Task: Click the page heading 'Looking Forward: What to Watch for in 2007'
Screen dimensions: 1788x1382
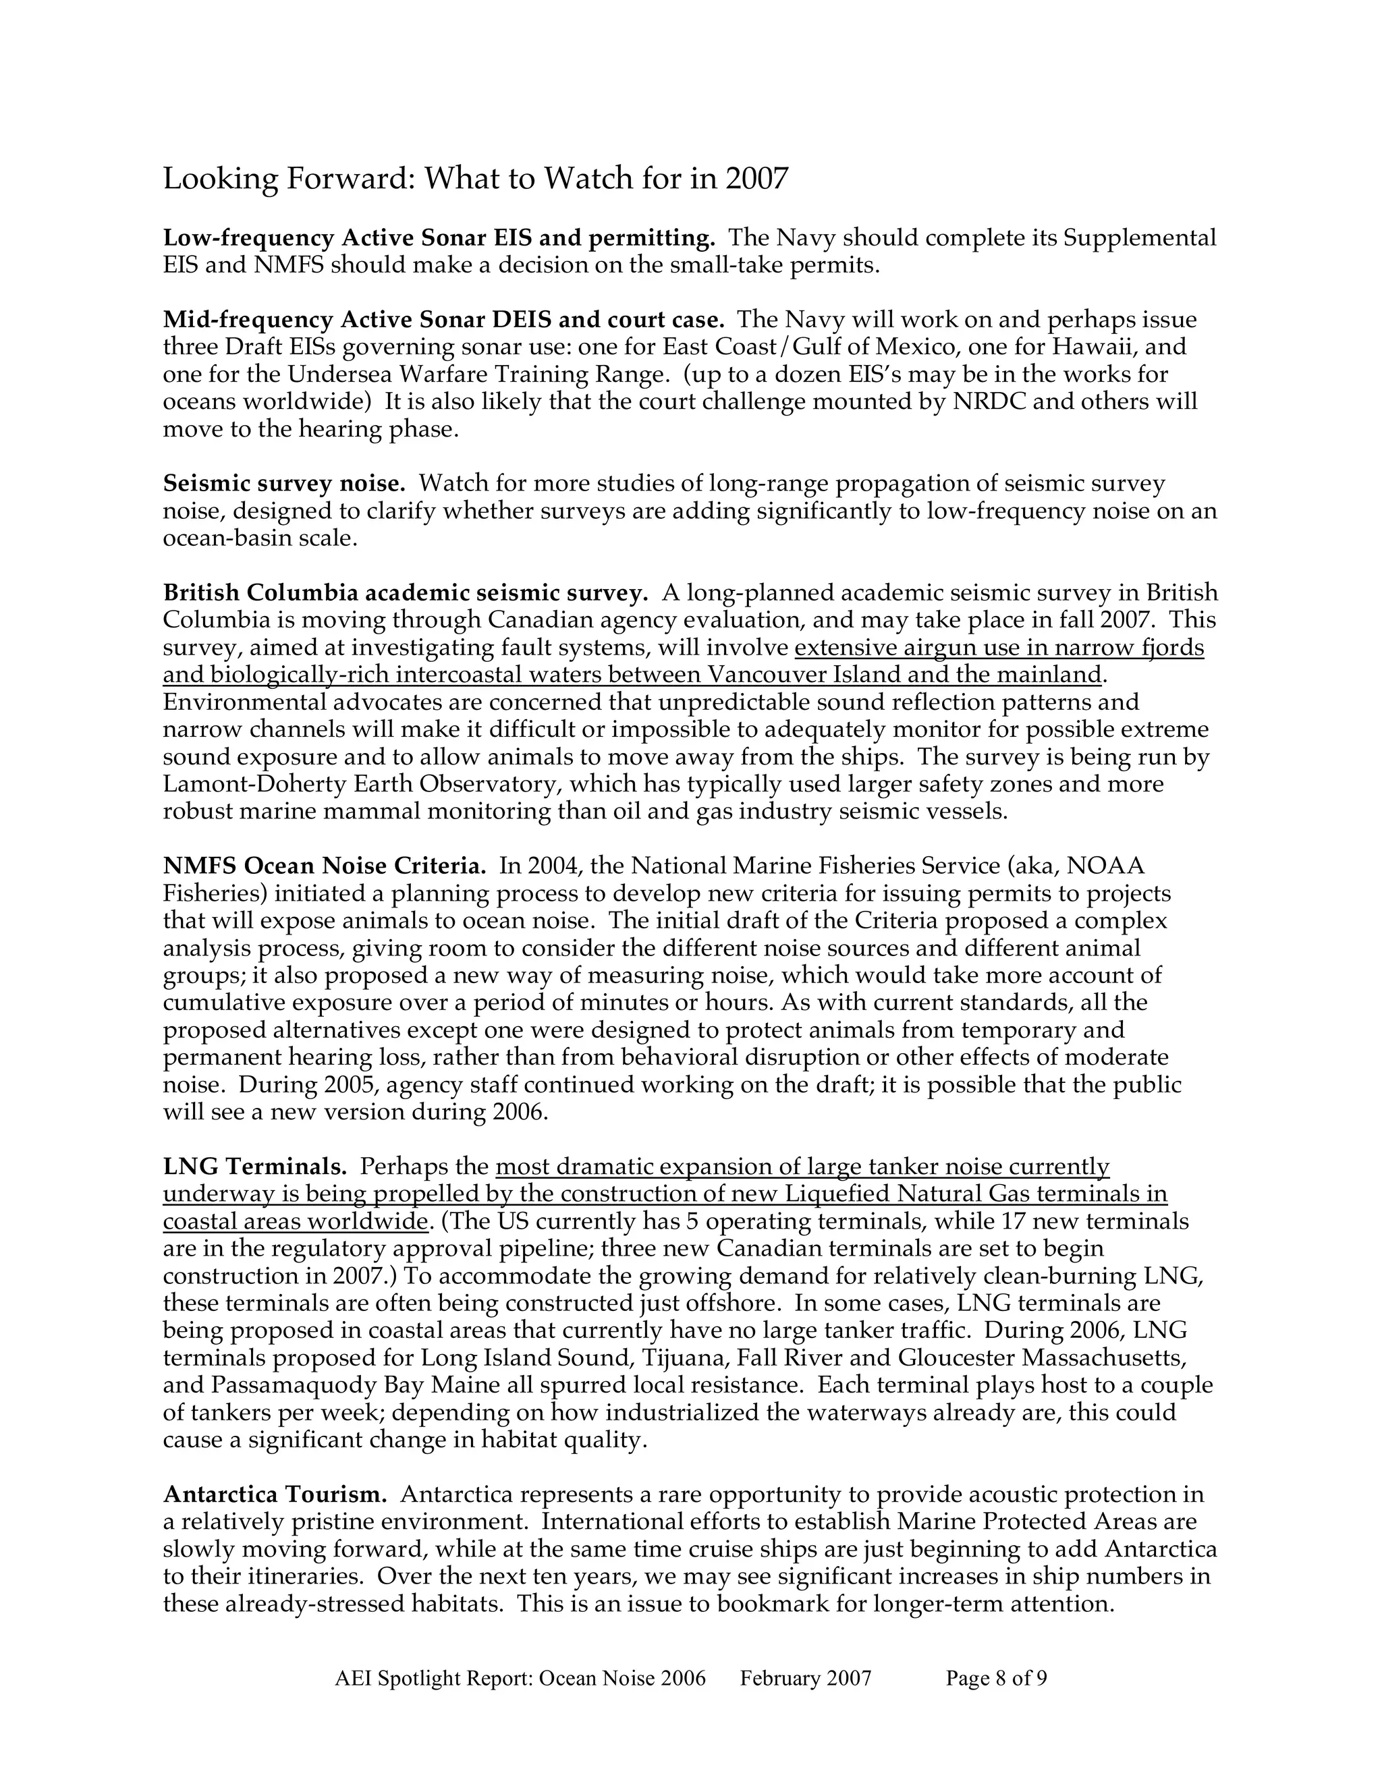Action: [x=475, y=179]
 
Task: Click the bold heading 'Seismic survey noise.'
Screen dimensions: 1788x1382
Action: [x=284, y=484]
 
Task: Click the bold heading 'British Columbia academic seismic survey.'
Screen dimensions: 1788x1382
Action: [x=406, y=592]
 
